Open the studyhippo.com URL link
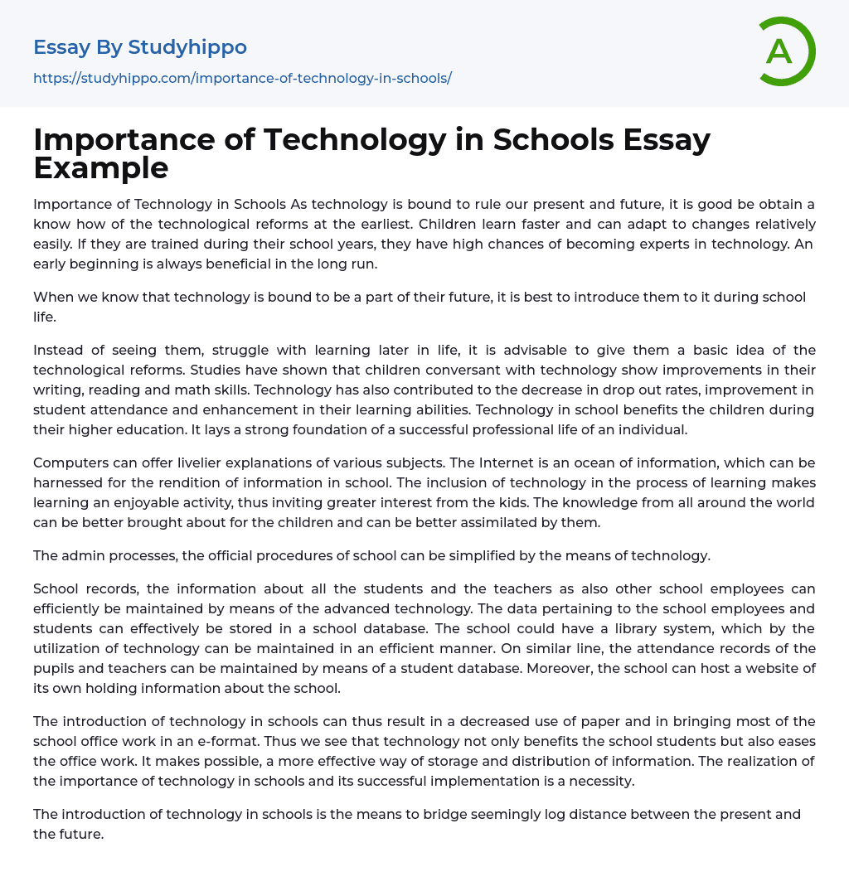coord(242,78)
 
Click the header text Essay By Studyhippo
coord(140,47)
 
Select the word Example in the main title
coord(101,168)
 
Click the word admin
coord(83,555)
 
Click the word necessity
coord(597,781)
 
